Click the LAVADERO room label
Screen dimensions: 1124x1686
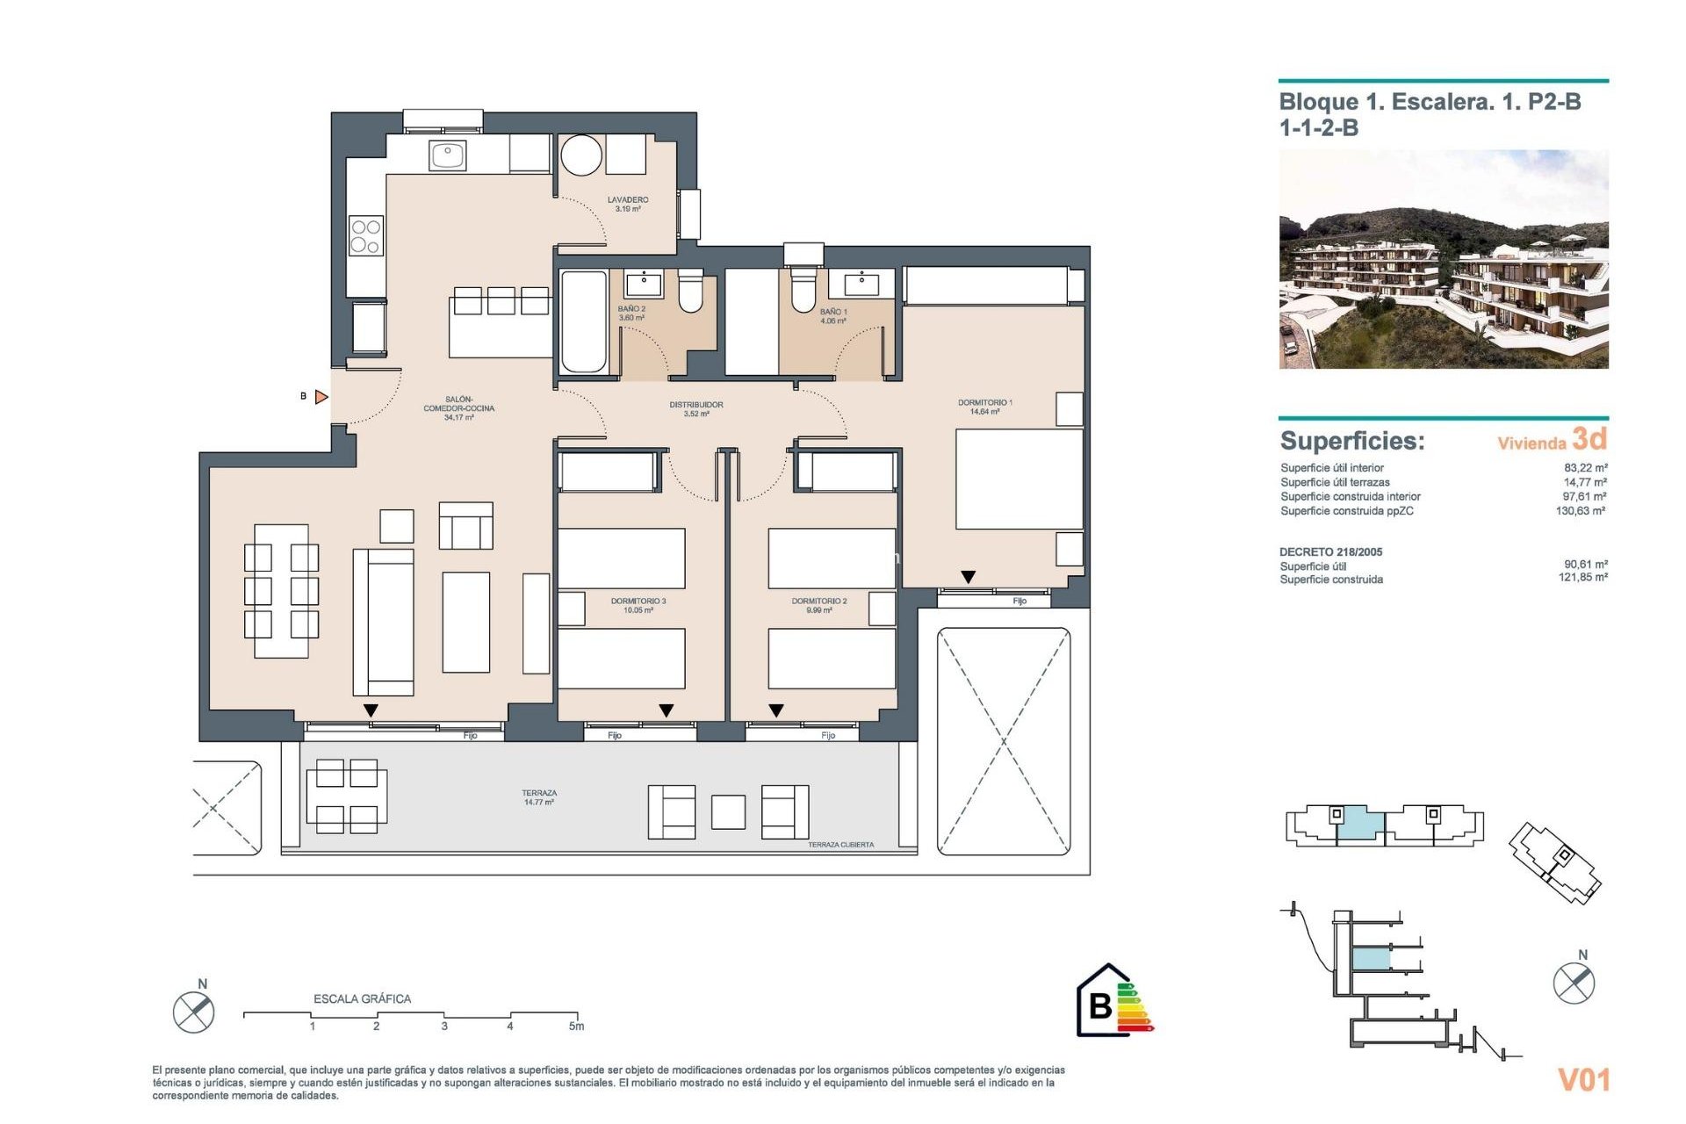628,204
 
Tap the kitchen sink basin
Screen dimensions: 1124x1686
448,155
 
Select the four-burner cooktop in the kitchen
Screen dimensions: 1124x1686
365,236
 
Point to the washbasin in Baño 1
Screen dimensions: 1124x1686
861,283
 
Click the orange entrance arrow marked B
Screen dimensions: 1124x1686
321,397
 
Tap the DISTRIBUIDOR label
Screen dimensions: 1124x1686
696,408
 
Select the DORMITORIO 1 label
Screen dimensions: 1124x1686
984,407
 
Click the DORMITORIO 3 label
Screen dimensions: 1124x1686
638,605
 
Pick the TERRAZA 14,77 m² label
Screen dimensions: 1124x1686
539,797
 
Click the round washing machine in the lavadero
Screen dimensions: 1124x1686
581,155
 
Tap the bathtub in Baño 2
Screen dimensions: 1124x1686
584,322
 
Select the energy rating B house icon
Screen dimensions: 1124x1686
1104,1001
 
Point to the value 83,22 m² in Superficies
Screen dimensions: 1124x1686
1585,468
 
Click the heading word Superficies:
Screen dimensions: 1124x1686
1352,441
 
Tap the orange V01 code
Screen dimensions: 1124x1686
1583,1079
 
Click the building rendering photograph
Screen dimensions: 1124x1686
1443,259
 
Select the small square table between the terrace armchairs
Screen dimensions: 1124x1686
728,812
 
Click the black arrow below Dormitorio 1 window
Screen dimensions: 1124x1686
968,577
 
